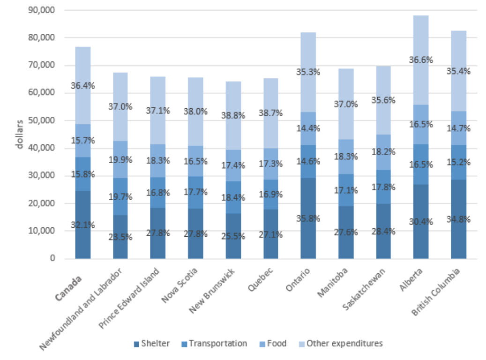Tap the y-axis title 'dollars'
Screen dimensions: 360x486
pos(20,135)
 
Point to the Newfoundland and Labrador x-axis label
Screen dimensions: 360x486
pos(82,309)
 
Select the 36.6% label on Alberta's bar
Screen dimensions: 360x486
pos(421,60)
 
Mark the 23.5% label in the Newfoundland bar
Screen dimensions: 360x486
pos(120,237)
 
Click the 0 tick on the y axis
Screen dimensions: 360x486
pos(52,258)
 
